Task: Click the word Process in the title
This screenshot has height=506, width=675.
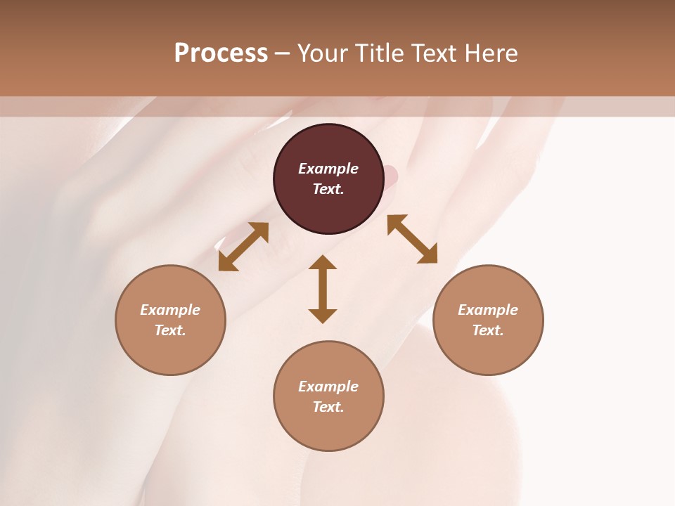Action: coord(221,53)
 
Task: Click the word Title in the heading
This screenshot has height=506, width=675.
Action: coord(378,53)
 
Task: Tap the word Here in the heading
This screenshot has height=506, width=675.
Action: coord(489,53)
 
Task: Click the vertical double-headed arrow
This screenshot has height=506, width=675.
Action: coord(323,290)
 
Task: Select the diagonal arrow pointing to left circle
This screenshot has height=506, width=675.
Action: coord(243,247)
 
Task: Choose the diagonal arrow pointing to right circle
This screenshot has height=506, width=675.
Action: coord(412,239)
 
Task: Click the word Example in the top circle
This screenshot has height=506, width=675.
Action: coord(328,169)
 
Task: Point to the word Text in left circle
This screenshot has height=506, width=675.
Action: coord(170,330)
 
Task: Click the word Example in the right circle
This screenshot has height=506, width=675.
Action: coord(488,310)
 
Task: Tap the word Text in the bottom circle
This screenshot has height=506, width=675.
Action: coord(328,407)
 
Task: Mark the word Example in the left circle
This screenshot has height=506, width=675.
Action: coord(170,310)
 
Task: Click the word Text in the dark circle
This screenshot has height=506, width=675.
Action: coord(328,189)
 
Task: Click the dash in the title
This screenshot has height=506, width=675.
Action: coord(283,53)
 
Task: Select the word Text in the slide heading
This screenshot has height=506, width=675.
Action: coord(432,53)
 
